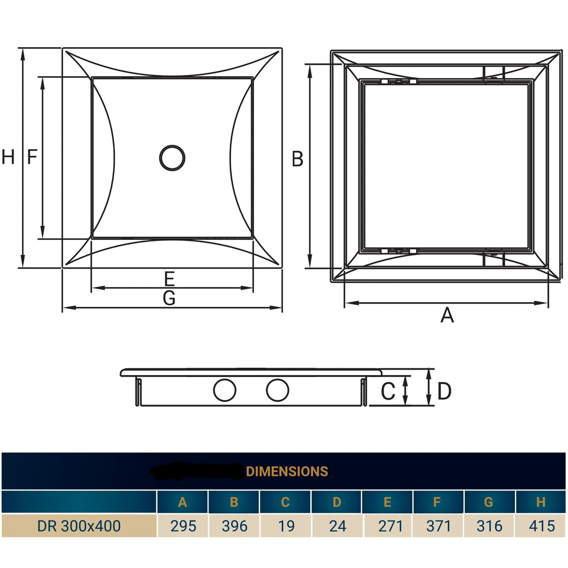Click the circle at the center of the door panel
(172, 158)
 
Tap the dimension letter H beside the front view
(8, 157)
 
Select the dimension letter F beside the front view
(32, 157)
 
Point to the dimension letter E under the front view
(169, 279)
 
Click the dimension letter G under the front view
(169, 298)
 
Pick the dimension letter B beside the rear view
(298, 159)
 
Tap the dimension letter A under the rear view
(447, 315)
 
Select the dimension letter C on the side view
(388, 392)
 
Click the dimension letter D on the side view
(444, 392)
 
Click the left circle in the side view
(225, 390)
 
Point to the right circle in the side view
(277, 390)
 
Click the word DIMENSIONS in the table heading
(287, 472)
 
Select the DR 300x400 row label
(79, 526)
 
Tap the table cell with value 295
(183, 526)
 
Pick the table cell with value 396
(234, 526)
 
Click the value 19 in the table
(286, 526)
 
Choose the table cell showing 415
(541, 526)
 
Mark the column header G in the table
(488, 502)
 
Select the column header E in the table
(387, 502)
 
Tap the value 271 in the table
(390, 526)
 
